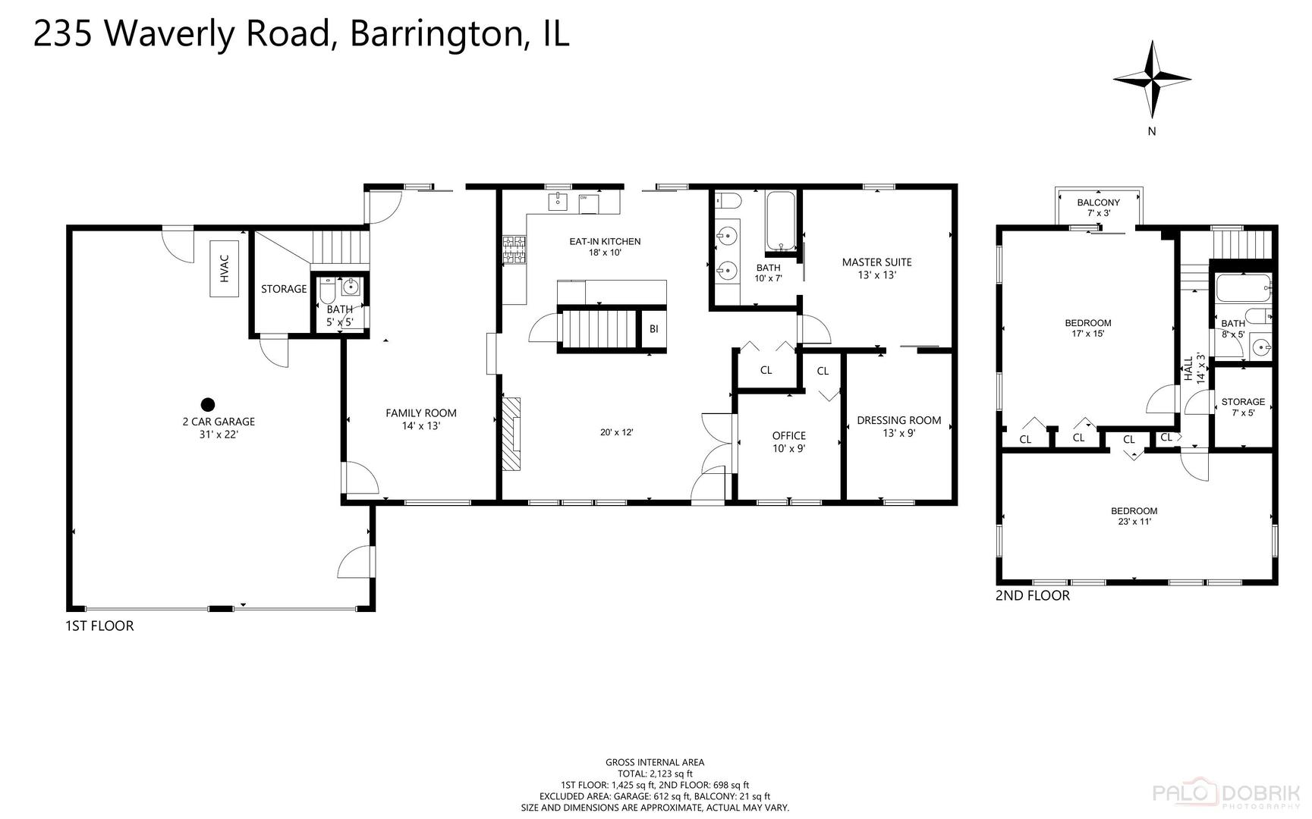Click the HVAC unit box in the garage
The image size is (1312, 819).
[x=225, y=270]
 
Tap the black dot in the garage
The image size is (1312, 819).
[x=207, y=405]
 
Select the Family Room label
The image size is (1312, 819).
[x=421, y=419]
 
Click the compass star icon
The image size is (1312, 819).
[x=1152, y=80]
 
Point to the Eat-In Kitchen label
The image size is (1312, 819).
[x=605, y=246]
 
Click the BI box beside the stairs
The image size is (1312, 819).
[x=653, y=329]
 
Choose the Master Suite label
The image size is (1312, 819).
[x=876, y=268]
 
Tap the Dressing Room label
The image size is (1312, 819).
[x=898, y=426]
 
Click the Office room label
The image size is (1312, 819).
[x=788, y=441]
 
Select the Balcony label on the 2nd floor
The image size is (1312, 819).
[x=1098, y=207]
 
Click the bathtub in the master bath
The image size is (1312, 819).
[x=780, y=221]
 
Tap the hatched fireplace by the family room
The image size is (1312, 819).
[x=512, y=433]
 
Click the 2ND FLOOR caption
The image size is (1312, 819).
[x=1032, y=596]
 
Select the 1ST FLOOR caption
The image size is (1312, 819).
[x=99, y=626]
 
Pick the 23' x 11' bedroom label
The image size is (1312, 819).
[x=1134, y=516]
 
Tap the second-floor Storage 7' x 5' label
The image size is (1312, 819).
[x=1242, y=407]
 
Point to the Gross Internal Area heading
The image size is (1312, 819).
[x=654, y=762]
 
